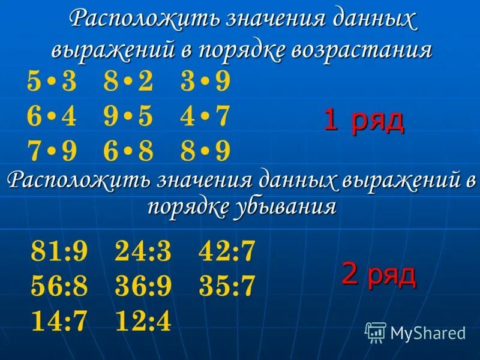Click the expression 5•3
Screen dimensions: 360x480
click(52, 82)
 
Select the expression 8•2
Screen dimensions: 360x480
click(128, 82)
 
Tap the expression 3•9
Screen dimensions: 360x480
click(205, 82)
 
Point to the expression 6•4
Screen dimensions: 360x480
click(52, 117)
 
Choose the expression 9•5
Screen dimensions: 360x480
click(128, 117)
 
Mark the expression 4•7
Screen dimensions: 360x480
click(205, 117)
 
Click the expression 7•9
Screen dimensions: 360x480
click(52, 151)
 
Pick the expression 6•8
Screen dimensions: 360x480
click(128, 151)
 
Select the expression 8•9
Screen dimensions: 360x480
click(205, 151)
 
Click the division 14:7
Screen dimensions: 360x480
click(59, 322)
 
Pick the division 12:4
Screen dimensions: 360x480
click(143, 322)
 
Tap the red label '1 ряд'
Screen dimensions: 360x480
click(364, 121)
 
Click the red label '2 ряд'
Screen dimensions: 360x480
click(379, 274)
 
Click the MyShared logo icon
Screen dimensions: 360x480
click(376, 332)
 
